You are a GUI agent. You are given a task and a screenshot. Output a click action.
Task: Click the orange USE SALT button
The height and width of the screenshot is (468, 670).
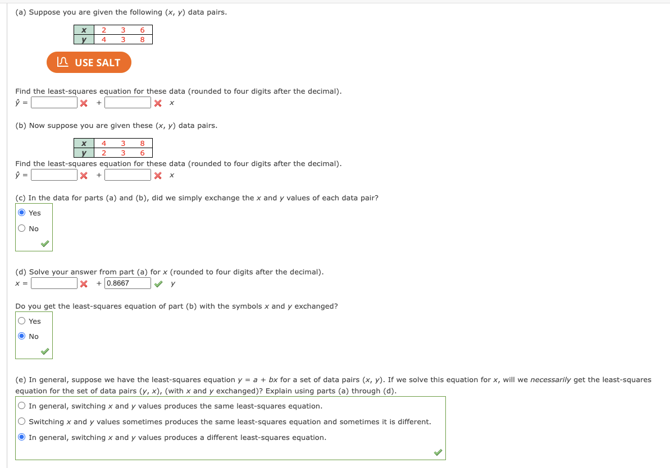[x=89, y=62]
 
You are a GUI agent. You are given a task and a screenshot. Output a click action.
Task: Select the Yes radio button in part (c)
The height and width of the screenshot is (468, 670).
[x=22, y=213]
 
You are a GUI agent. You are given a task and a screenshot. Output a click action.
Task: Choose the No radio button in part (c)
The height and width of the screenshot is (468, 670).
[x=22, y=228]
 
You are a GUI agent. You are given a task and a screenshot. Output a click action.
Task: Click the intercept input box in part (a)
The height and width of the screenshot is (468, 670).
[x=54, y=103]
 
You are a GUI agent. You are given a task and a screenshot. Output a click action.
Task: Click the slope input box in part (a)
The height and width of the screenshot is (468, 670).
[x=127, y=103]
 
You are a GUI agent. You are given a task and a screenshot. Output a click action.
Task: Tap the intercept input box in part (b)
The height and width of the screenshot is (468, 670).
[x=54, y=175]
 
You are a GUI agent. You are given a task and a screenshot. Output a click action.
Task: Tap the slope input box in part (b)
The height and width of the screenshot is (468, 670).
[x=127, y=175]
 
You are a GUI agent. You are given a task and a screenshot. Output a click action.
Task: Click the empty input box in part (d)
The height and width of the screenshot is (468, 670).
[x=54, y=283]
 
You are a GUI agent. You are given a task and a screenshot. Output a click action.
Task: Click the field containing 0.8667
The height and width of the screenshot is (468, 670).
[x=127, y=283]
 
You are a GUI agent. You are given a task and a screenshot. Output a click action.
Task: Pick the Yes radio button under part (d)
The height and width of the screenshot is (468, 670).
[x=22, y=321]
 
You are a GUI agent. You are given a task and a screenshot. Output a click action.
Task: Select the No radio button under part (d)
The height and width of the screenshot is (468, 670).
[x=22, y=336]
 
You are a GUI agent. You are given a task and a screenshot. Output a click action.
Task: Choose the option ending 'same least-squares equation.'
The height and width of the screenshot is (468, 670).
[x=22, y=406]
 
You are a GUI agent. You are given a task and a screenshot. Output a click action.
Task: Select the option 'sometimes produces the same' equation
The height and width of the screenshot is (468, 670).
[x=22, y=421]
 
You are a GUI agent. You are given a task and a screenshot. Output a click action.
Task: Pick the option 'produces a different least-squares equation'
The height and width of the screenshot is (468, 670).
[x=22, y=437]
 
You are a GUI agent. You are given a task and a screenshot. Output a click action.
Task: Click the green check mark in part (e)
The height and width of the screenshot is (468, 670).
[x=437, y=452]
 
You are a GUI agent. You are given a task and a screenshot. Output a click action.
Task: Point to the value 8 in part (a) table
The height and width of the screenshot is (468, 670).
[x=143, y=39]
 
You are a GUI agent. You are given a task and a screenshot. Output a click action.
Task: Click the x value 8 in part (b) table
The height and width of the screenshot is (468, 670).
[x=143, y=144]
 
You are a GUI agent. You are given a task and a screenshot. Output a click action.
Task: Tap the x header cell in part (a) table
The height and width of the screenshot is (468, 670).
[x=84, y=30]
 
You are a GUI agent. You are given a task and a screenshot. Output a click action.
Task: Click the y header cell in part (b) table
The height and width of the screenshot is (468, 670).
[x=84, y=153]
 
